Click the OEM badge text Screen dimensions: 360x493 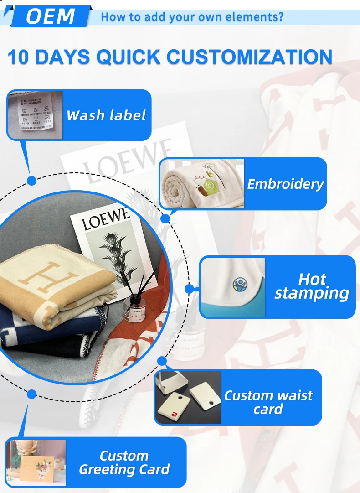[50, 16]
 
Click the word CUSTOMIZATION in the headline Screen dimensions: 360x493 [249, 57]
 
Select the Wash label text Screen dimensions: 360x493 [106, 115]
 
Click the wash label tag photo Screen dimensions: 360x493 [35, 115]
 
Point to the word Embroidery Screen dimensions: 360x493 [285, 184]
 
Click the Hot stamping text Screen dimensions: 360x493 [312, 286]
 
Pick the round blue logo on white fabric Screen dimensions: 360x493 [240, 285]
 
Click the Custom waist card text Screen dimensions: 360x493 [268, 402]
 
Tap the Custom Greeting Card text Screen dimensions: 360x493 [124, 462]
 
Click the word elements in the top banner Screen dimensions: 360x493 [257, 17]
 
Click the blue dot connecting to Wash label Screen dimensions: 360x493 [31, 181]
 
